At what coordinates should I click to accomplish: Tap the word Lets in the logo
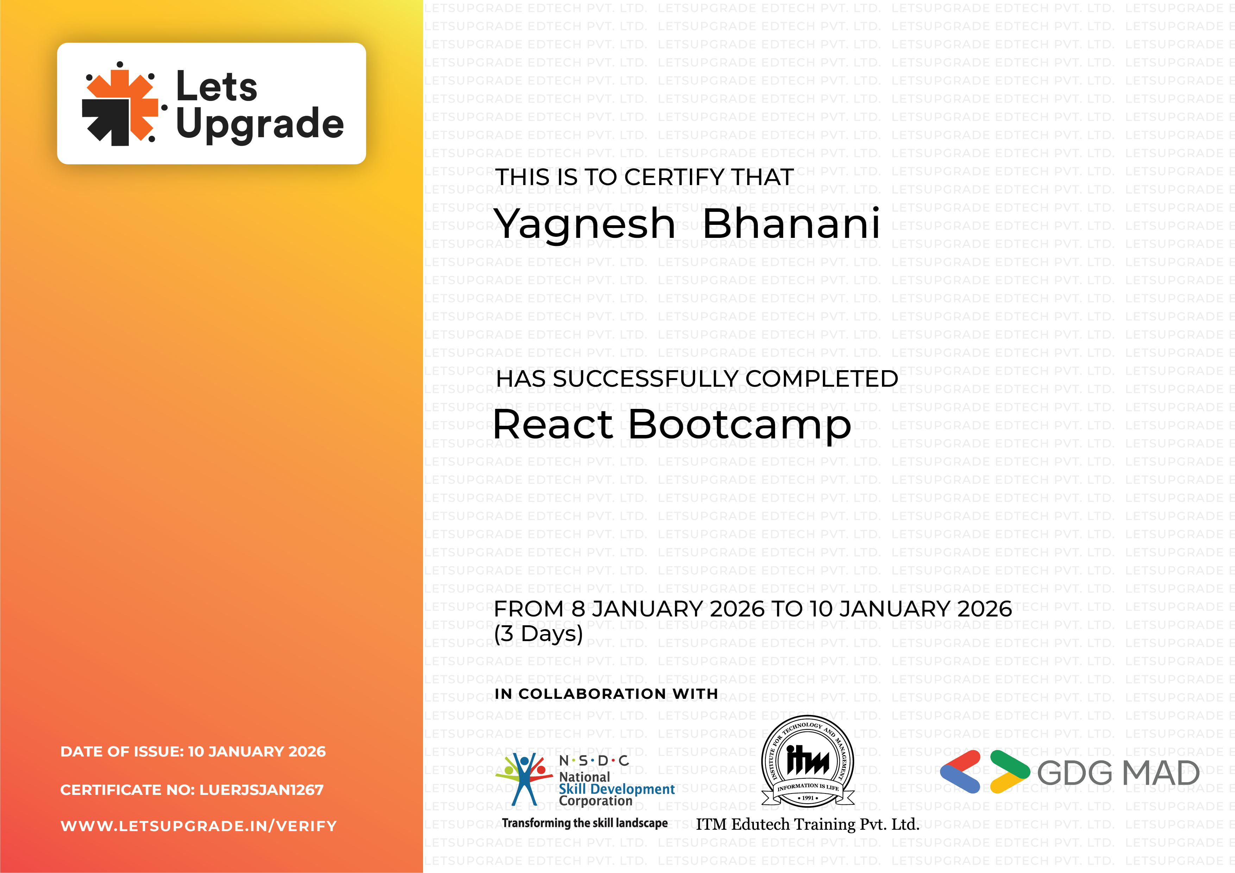click(217, 86)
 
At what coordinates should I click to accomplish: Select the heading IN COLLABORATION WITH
click(606, 694)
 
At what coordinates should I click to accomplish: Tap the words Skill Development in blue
click(616, 789)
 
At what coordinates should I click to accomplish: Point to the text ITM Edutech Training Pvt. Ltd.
click(807, 824)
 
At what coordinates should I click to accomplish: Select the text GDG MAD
click(1118, 773)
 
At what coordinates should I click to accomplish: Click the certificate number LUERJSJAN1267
click(262, 790)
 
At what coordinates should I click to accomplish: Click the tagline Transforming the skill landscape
click(585, 823)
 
